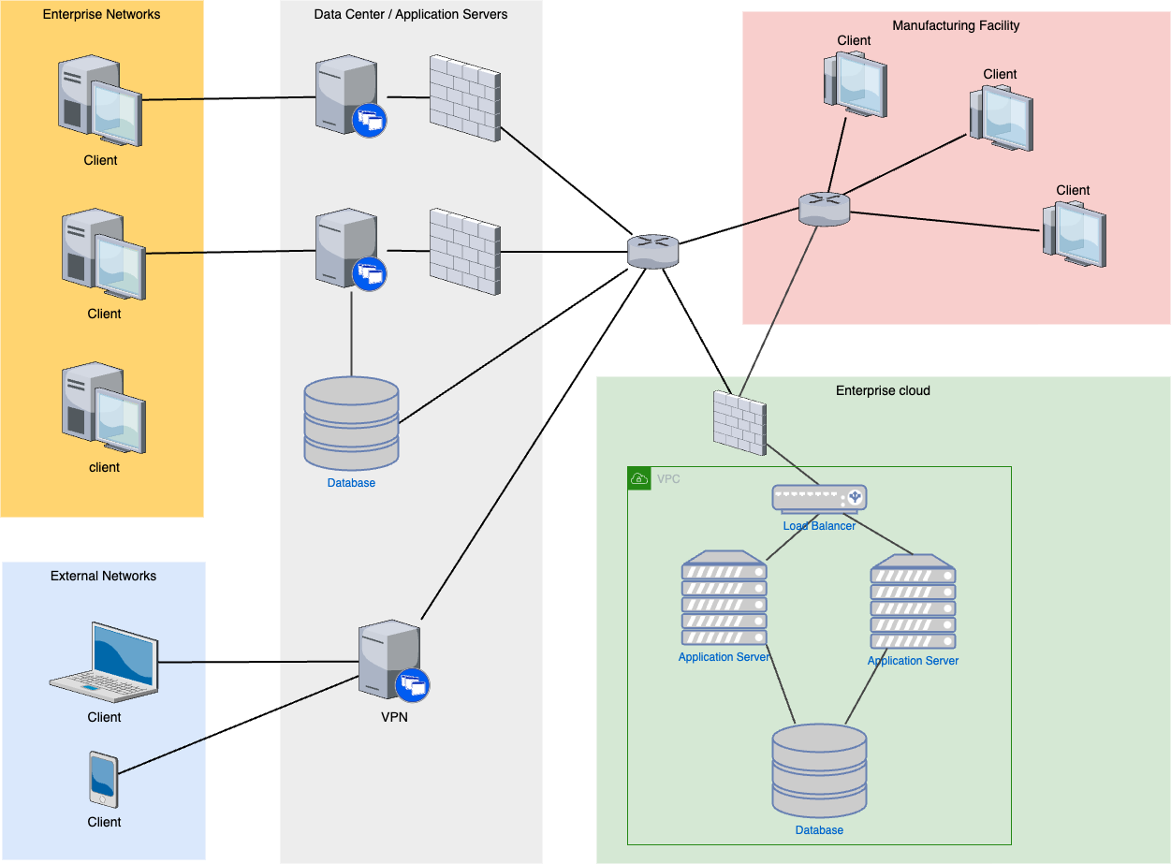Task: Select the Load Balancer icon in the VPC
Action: pyautogui.click(x=819, y=498)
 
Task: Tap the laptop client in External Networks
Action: pyautogui.click(x=104, y=662)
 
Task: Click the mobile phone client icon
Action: pyautogui.click(x=103, y=778)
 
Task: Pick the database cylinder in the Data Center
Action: pyautogui.click(x=352, y=423)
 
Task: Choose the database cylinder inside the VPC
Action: pyautogui.click(x=819, y=772)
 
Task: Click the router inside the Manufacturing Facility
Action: pyautogui.click(x=824, y=209)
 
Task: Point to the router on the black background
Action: pyautogui.click(x=652, y=251)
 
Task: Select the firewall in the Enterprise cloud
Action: pyautogui.click(x=739, y=423)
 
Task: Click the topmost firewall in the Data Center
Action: pyautogui.click(x=464, y=98)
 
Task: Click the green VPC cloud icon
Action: pyautogui.click(x=639, y=478)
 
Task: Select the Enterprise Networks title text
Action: pyautogui.click(x=101, y=14)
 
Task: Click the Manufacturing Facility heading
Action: pyautogui.click(x=956, y=25)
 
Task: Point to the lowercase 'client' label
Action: pyautogui.click(x=104, y=467)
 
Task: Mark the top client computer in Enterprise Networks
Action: pyautogui.click(x=99, y=101)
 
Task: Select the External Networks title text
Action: pyautogui.click(x=103, y=576)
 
